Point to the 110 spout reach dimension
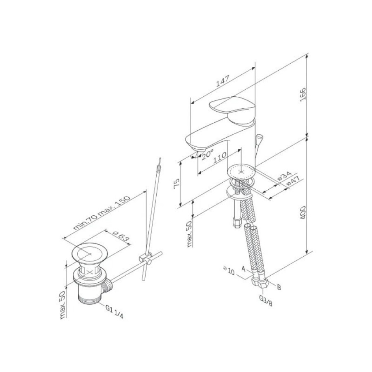click(x=220, y=157)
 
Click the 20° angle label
click(x=208, y=155)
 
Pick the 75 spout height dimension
click(x=177, y=184)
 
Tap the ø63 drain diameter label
click(x=121, y=236)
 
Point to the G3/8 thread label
click(x=266, y=300)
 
